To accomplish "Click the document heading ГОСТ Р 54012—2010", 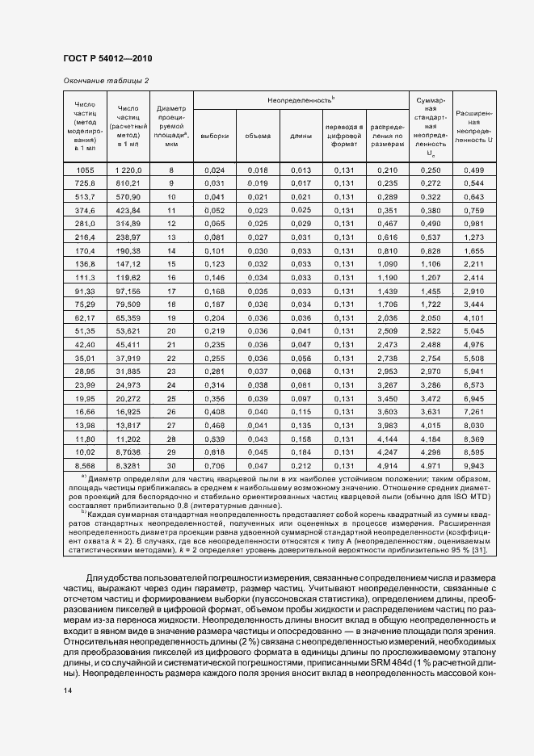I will click(107, 59).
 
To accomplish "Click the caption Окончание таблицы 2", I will click(106, 81).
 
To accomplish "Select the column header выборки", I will click(214, 136).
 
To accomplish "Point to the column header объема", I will click(258, 136).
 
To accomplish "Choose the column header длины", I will click(301, 136).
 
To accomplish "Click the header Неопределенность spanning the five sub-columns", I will click(301, 99).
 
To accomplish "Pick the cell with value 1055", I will click(85, 170).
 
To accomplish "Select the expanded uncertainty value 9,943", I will click(474, 466).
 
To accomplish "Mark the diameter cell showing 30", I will click(171, 466).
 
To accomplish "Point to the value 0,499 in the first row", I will click(474, 170).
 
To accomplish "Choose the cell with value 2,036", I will click(388, 318).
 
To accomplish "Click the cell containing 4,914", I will click(388, 466).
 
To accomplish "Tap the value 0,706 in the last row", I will click(214, 466).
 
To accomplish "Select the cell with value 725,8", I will click(85, 183).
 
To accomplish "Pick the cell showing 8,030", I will click(474, 425).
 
